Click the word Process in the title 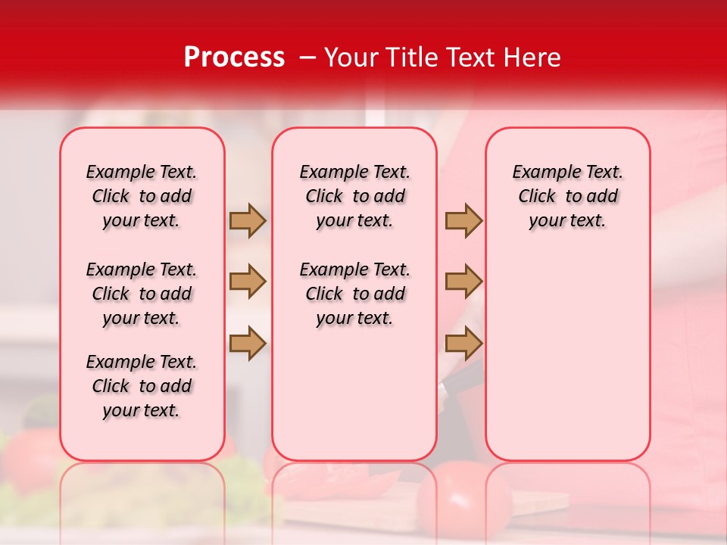[234, 58]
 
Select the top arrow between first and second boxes [248, 220]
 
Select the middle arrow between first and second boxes [248, 282]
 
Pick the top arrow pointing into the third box [463, 220]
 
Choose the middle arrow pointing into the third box [463, 282]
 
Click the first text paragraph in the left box [142, 196]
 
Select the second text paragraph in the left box [142, 294]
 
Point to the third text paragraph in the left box [142, 386]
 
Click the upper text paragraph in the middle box [354, 196]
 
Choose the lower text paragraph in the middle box [354, 294]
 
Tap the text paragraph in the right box [567, 196]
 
